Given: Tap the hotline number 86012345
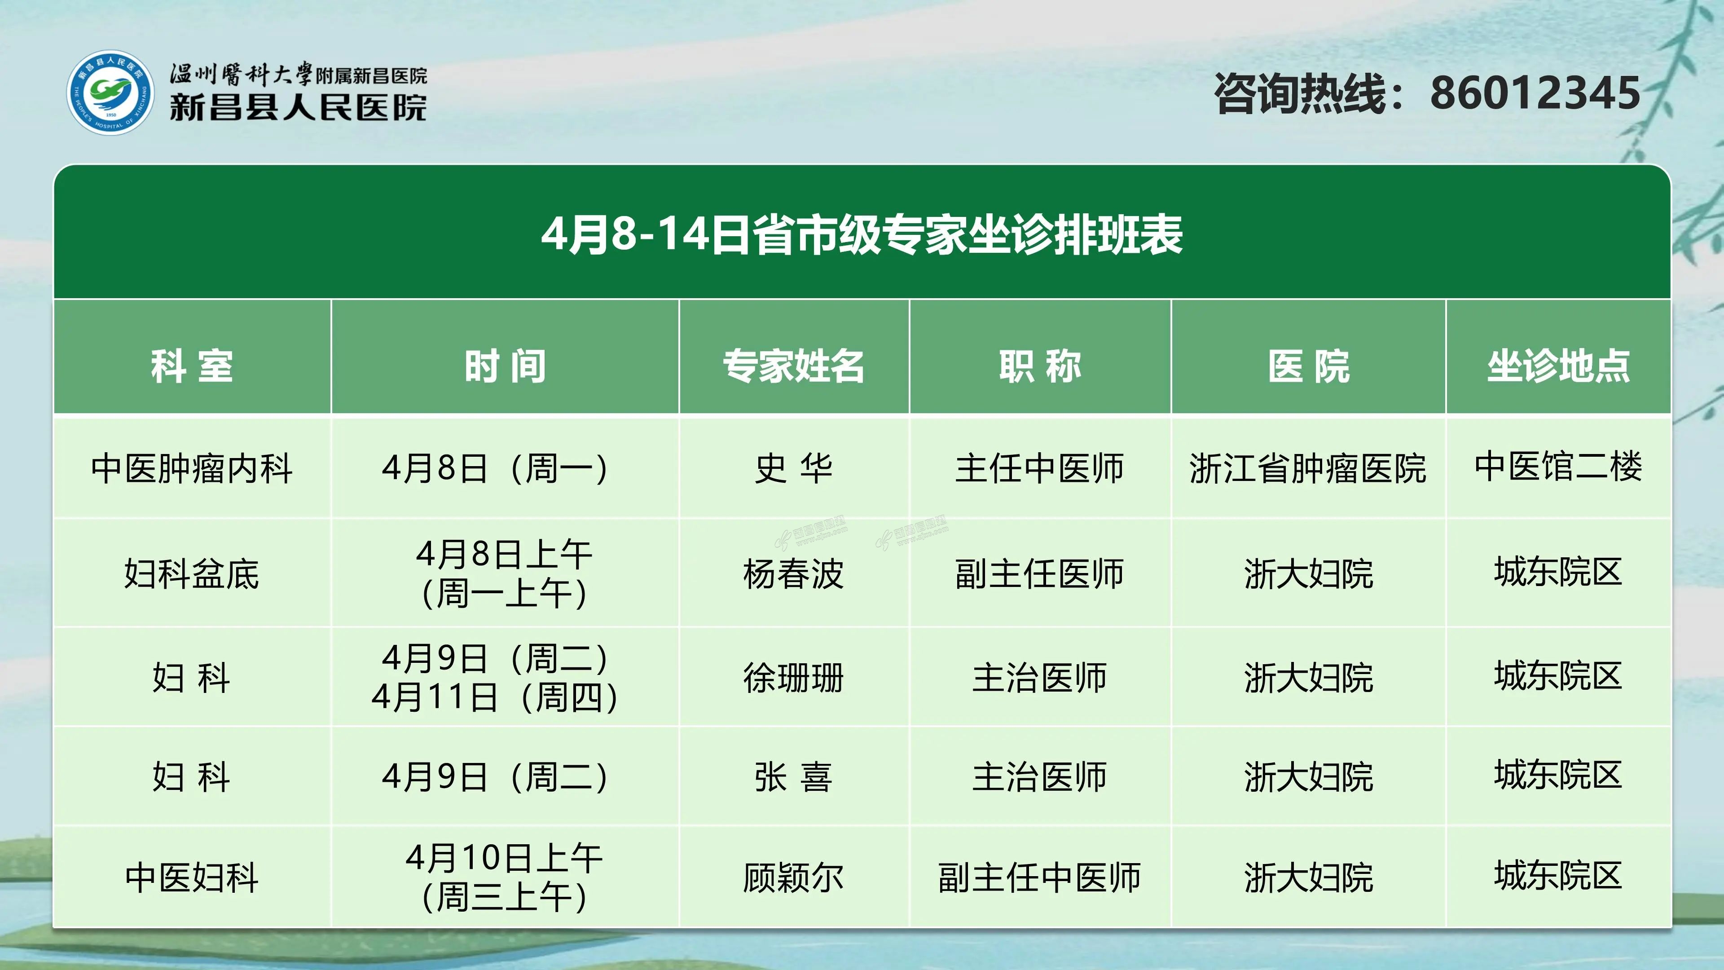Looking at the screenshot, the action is point(1535,93).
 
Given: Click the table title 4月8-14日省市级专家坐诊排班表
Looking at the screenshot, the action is point(862,234).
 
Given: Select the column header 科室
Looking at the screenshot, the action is point(192,366).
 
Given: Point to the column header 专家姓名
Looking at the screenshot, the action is point(794,366).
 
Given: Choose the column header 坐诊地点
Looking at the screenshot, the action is point(1559,366).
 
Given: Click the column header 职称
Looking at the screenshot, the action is point(1040,366).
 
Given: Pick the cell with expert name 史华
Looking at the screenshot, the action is point(794,468).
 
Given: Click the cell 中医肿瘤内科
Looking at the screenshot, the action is point(192,468).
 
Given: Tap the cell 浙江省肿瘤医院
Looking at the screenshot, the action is point(1308,468).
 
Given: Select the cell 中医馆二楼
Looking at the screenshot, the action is point(1559,467).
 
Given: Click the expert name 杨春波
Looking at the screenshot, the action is point(794,574).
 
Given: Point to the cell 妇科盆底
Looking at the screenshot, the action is point(192,574).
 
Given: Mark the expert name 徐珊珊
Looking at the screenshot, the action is point(794,678).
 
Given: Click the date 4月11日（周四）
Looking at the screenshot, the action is point(495,697).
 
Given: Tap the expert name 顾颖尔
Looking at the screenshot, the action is point(794,877).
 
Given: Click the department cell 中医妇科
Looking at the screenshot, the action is point(192,877).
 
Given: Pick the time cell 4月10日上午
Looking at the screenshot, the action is point(505,858).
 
